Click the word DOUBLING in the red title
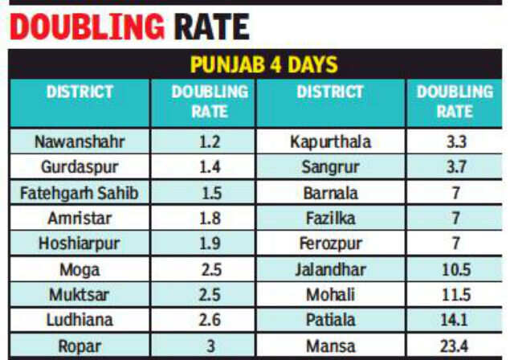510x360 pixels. (87, 26)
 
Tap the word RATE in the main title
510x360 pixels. (211, 26)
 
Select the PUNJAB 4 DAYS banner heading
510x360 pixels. (263, 63)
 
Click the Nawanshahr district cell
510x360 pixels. (80, 141)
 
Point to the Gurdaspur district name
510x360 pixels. (80, 167)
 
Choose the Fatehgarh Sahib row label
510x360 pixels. (80, 193)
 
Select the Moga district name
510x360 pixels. (80, 269)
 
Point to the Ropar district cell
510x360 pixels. (80, 346)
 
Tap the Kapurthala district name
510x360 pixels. (330, 142)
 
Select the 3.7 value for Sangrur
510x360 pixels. (454, 168)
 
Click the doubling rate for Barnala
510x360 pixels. (454, 193)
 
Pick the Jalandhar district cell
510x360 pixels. (330, 269)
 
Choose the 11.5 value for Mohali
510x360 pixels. (454, 295)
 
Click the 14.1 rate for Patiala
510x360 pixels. (454, 321)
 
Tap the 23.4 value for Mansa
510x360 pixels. (454, 346)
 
